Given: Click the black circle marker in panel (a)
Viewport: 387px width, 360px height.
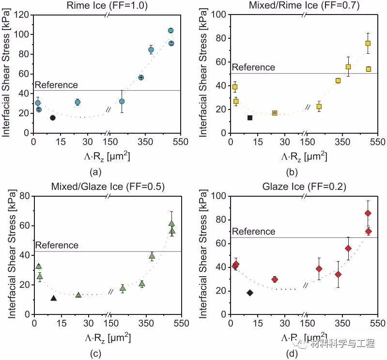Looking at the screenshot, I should (x=53, y=118).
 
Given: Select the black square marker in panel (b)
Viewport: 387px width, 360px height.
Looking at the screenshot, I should (x=250, y=118).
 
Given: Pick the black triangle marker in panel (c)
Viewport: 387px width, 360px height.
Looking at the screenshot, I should (x=53, y=298).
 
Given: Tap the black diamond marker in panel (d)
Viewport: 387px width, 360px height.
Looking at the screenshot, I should (x=250, y=293).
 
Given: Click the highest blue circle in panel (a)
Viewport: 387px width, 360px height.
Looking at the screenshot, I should (x=170, y=31).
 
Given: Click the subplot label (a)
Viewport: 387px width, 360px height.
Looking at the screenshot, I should (x=95, y=171).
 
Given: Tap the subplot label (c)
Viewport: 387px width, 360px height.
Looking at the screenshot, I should (x=95, y=353).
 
